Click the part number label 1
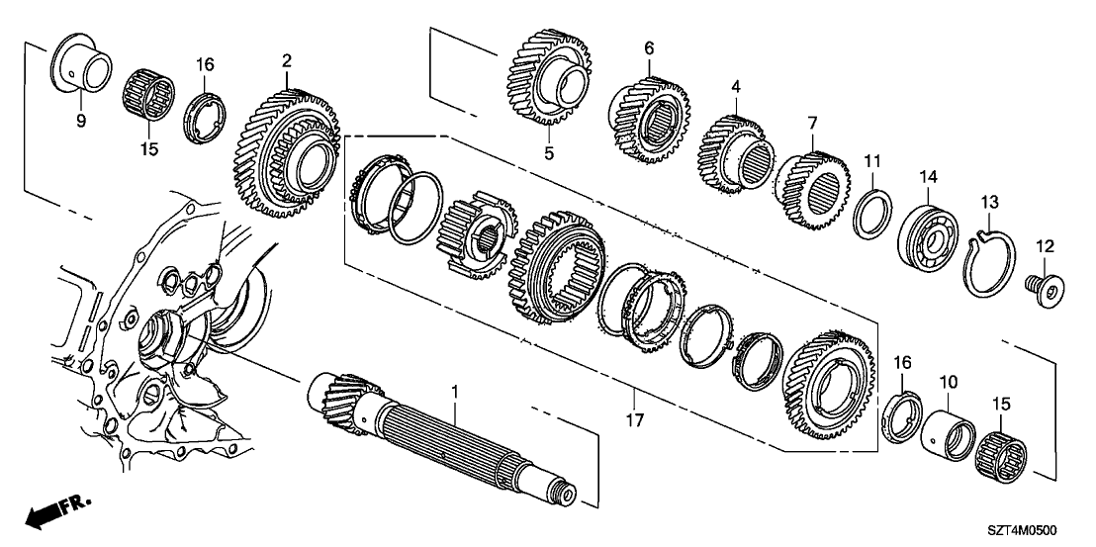(x=454, y=392)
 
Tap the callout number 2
(x=286, y=61)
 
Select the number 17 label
(x=634, y=420)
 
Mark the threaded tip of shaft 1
(x=568, y=496)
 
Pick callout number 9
(x=81, y=120)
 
